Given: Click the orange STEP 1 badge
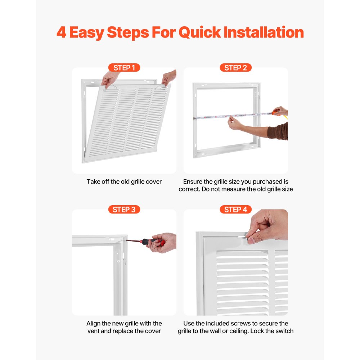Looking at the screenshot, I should point(124,68).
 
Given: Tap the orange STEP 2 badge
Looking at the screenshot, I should point(235,68).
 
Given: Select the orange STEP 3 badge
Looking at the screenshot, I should point(124,210).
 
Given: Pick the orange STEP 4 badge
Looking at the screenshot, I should point(235,210).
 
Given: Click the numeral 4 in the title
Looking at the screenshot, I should point(62,33).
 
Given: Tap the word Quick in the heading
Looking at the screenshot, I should point(199,33).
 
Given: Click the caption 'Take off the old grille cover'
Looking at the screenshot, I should point(124,182).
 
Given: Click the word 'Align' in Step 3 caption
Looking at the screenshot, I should point(94,324).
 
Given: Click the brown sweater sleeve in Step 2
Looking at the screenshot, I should point(279,131).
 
